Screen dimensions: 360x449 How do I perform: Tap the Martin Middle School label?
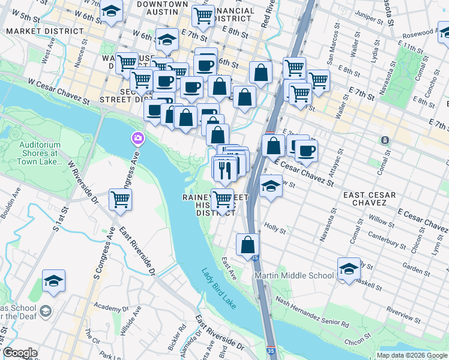294,275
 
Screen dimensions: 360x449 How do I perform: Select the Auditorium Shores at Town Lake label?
40,153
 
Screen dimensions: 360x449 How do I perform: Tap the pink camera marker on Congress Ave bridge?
138,139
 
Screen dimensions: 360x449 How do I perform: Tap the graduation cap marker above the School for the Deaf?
53,281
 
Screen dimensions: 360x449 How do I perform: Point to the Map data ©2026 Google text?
412,355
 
